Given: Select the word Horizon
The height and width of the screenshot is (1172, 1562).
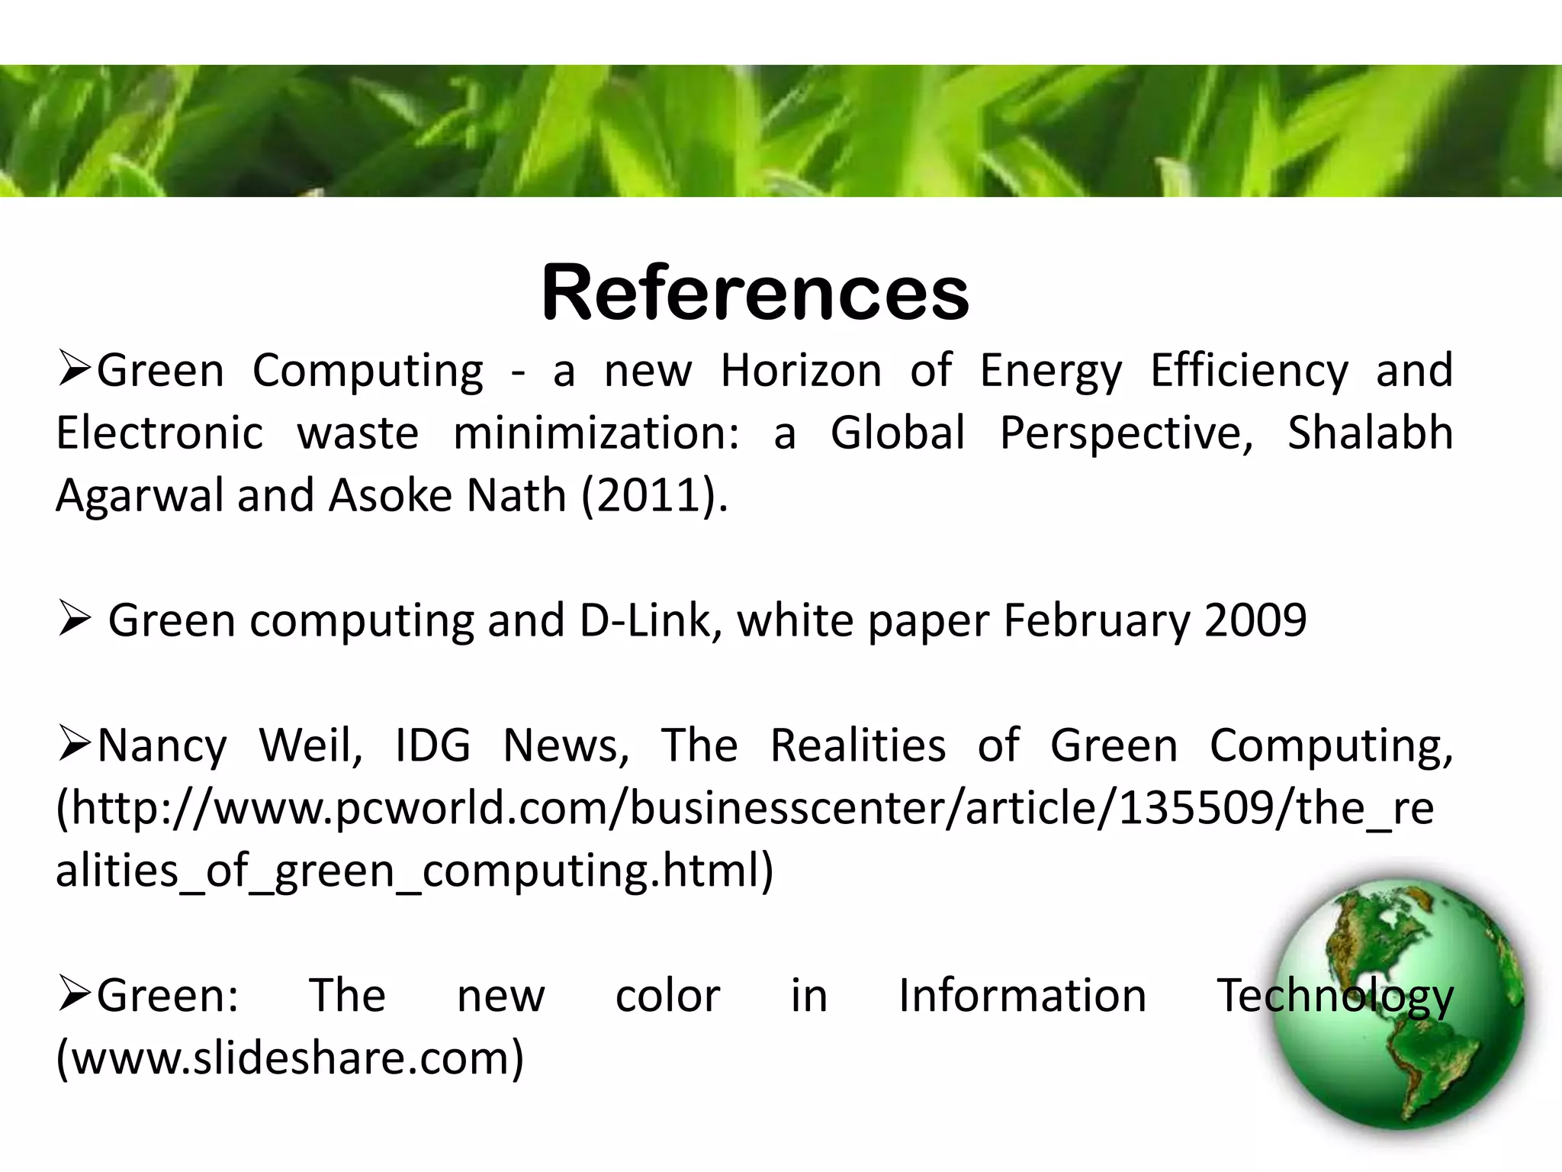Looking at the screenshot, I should tap(801, 372).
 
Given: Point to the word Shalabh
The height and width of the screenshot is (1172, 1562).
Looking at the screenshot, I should tap(1370, 433).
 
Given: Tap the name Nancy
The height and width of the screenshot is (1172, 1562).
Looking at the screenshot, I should tap(162, 746).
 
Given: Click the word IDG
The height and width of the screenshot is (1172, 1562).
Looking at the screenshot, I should tap(432, 745).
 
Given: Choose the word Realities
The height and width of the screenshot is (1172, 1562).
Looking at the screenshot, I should tap(858, 745).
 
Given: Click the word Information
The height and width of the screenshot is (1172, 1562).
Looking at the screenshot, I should tap(1022, 997).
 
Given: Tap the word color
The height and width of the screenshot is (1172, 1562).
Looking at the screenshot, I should tap(667, 997).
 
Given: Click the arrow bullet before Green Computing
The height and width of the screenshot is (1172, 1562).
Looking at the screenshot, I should tap(75, 370).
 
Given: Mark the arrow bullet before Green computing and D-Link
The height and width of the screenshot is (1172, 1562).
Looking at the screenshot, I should tap(75, 620).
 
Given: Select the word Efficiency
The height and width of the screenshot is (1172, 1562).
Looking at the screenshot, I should tap(1249, 372).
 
